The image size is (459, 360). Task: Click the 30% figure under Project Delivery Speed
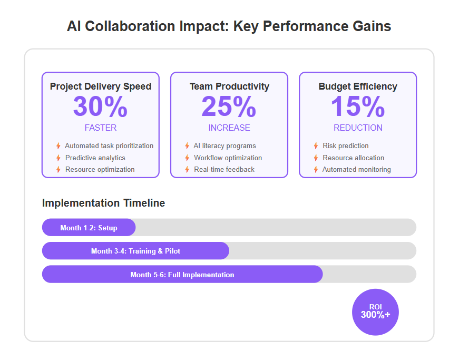pos(101,106)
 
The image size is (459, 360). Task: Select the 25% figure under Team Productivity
pos(229,106)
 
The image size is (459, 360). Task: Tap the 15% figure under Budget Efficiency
pos(358,106)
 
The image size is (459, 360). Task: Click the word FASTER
pos(101,128)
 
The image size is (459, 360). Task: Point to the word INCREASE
pos(229,128)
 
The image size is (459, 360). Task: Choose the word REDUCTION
pos(358,128)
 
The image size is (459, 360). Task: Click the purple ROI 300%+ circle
pos(375,312)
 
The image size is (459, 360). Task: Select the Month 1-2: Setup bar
pos(89,227)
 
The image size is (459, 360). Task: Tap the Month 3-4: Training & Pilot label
pos(135,251)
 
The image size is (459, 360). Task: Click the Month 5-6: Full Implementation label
pos(182,275)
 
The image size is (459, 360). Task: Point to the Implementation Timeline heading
pos(104,203)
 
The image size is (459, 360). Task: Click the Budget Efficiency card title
pos(358,86)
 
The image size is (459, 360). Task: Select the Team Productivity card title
pos(229,86)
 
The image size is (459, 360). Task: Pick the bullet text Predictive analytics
pos(95,158)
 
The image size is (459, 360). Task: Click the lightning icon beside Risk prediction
pos(316,146)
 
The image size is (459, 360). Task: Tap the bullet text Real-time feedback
pos(224,170)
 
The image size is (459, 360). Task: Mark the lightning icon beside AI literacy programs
pos(187,146)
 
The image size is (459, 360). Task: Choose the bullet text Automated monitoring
pos(357,170)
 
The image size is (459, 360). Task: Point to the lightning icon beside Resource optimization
pos(58,170)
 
